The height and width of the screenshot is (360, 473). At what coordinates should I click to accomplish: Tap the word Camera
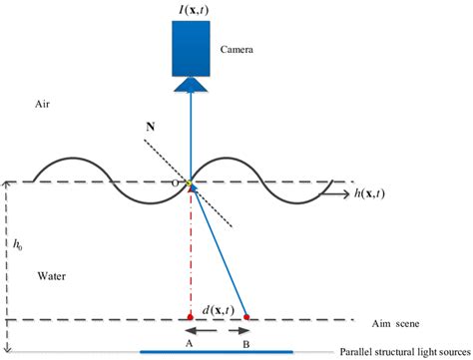tap(237, 48)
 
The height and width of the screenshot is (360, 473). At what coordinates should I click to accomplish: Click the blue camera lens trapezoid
tap(190, 86)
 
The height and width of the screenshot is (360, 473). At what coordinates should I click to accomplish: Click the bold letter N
tap(150, 128)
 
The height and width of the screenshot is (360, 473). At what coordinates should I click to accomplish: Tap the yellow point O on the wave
tap(189, 182)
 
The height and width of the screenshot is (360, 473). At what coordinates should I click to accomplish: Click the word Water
tap(49, 274)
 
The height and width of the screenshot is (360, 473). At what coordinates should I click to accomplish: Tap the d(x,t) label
tap(217, 309)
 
